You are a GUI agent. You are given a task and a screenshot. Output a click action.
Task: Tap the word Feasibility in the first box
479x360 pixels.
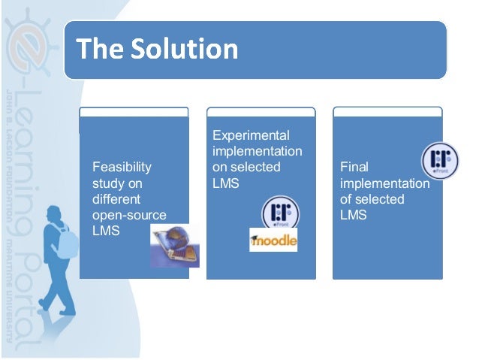pos(121,167)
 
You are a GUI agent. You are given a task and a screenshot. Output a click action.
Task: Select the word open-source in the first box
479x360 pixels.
pos(128,216)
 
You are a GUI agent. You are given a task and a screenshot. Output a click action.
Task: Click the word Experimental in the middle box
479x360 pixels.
pos(250,135)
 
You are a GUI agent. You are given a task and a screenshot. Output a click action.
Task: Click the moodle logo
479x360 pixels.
pos(273,241)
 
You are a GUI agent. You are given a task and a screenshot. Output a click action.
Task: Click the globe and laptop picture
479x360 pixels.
pos(175,245)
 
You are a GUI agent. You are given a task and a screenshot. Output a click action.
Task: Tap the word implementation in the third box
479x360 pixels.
pos(383,183)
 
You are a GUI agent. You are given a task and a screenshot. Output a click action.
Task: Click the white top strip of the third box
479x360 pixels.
pos(387,111)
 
